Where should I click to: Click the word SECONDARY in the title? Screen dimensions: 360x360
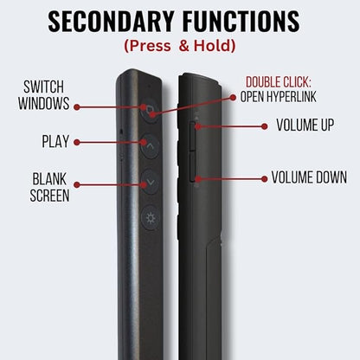111,22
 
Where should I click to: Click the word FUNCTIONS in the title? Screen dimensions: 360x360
241,22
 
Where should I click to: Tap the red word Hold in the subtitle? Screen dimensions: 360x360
215,46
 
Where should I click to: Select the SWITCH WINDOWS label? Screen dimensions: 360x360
44,95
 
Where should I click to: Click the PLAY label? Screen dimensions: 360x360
55,141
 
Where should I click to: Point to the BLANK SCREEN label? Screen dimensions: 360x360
49,187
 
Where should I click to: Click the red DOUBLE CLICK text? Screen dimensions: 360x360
279,82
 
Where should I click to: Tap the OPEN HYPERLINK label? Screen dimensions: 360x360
279,97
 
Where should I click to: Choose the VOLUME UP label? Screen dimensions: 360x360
305,125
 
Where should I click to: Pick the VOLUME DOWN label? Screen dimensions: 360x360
309,177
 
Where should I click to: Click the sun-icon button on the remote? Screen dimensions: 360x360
150,218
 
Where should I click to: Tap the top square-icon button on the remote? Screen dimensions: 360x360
149,111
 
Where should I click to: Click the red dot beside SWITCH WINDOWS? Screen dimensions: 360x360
76,107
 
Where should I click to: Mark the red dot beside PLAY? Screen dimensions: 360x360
76,142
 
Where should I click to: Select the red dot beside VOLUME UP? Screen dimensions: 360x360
264,126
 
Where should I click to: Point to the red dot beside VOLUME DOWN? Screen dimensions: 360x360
264,179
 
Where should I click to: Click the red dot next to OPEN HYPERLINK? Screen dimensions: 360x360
233,98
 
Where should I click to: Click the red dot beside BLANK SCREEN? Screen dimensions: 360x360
76,184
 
